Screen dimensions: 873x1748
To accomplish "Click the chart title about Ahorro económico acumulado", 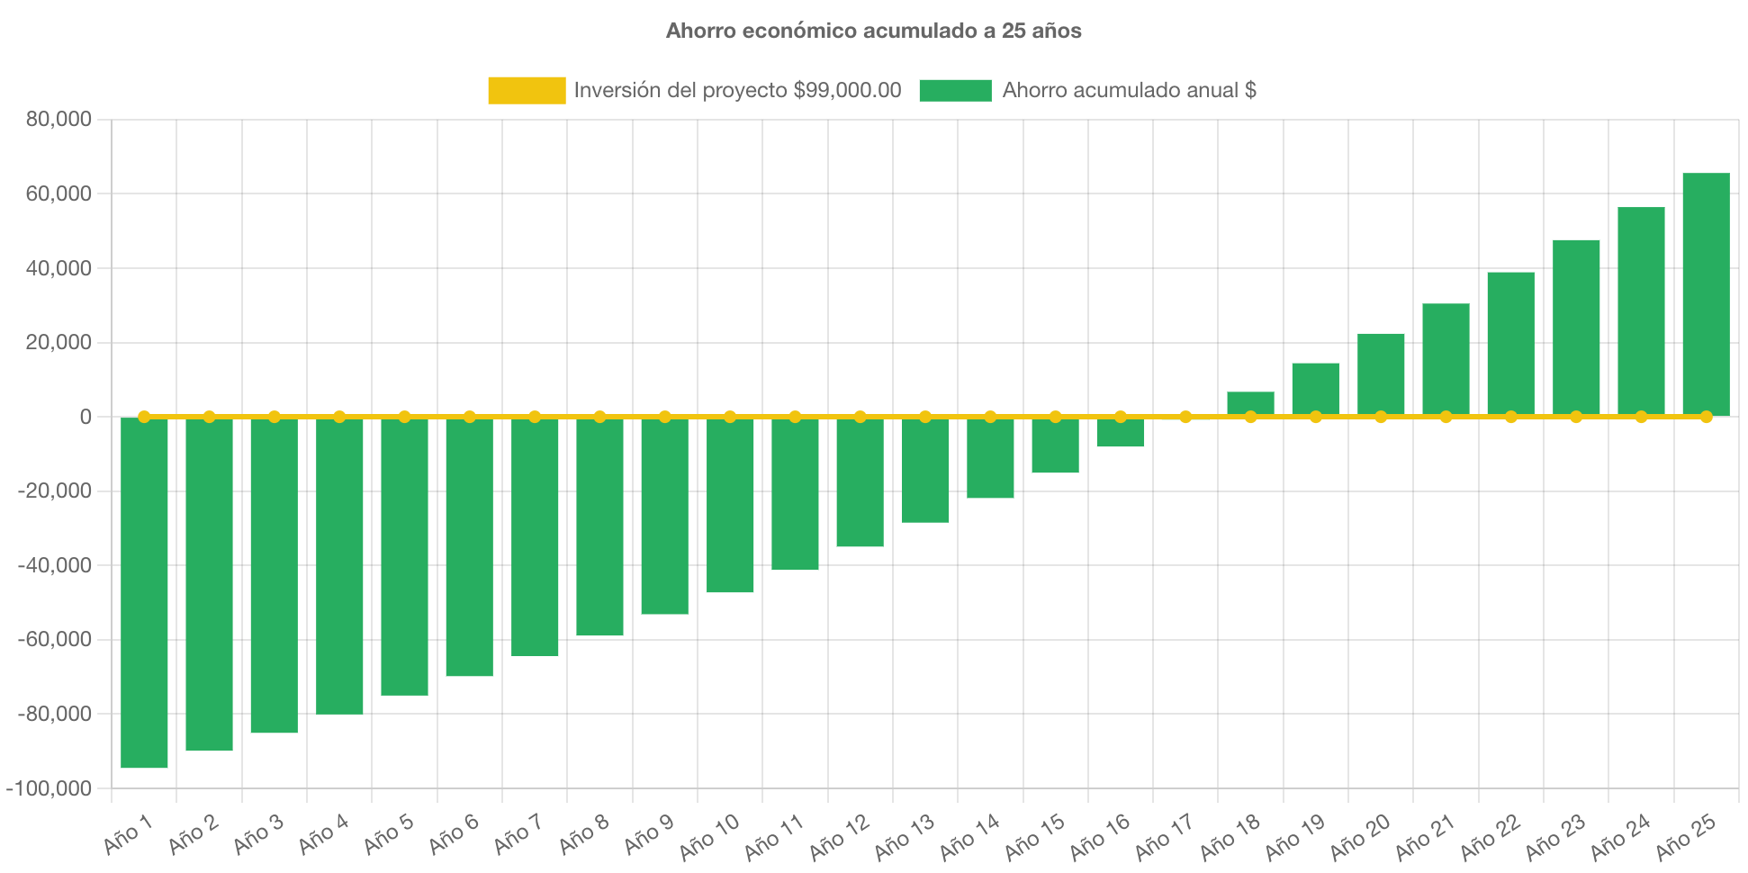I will tap(873, 31).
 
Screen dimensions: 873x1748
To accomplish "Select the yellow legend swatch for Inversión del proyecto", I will tap(527, 90).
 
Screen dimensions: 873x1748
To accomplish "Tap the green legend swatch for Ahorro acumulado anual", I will tap(955, 90).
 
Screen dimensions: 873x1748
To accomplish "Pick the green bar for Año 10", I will tap(730, 505).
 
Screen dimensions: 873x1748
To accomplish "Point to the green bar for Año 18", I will tap(1250, 403).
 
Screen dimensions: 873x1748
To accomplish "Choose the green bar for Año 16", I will tap(1121, 433).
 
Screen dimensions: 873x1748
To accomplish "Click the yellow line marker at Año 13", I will tap(925, 417).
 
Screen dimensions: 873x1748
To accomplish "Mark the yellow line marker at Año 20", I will tap(1381, 417).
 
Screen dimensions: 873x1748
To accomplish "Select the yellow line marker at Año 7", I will tap(535, 417).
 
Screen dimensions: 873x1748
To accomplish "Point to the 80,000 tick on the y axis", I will tap(59, 119).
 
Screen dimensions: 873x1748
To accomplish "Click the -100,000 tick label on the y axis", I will tap(49, 788).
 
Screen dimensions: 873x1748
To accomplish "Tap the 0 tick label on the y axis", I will tap(86, 417).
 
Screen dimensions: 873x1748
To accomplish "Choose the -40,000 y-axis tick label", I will tap(54, 565).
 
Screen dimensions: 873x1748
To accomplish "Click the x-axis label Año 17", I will tap(1164, 836).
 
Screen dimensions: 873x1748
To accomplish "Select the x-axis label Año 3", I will tap(258, 834).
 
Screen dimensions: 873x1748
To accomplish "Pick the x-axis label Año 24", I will tap(1620, 836).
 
